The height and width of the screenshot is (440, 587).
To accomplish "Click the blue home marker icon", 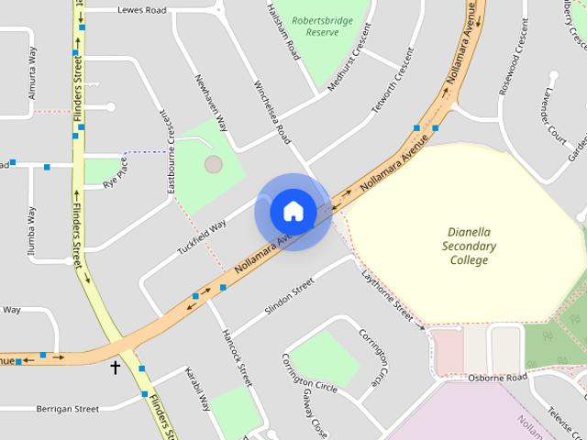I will tap(293, 211).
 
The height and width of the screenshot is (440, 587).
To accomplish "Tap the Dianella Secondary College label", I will tap(469, 247).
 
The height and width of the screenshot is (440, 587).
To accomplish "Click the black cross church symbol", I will tap(116, 368).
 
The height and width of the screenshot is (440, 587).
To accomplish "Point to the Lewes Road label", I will tap(142, 10).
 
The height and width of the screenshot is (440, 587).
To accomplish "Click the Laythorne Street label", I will tap(387, 294).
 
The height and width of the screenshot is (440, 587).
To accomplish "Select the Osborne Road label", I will tap(497, 378).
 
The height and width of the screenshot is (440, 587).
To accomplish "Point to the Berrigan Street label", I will tap(68, 409).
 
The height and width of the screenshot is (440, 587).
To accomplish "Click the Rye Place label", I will tap(116, 172).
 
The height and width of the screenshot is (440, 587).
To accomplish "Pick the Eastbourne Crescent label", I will tap(170, 154).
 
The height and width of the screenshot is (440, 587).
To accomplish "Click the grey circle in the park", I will tap(213, 165).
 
